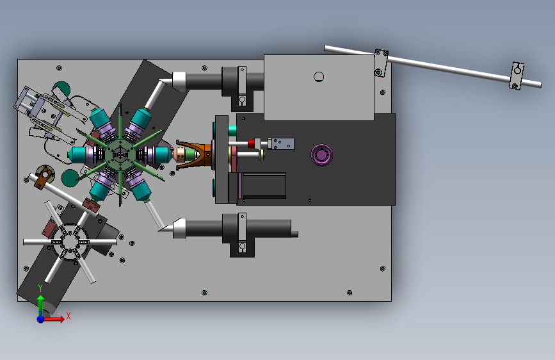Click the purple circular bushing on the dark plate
pyautogui.click(x=321, y=155)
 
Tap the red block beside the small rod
pyautogui.click(x=251, y=143)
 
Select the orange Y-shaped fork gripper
pyautogui.click(x=193, y=155)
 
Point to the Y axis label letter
pyautogui.click(x=40, y=288)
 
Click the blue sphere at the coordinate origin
pyautogui.click(x=41, y=319)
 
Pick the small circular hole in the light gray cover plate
pyautogui.click(x=319, y=77)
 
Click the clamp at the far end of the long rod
pyautogui.click(x=517, y=76)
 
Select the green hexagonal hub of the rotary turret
pyautogui.click(x=120, y=155)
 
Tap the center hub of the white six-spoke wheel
pyautogui.click(x=70, y=242)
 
